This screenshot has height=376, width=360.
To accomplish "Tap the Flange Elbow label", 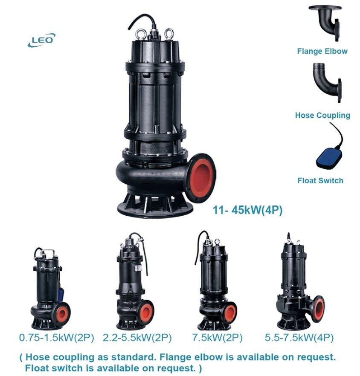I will coord(322,51).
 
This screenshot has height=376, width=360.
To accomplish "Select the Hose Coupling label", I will coord(322,115).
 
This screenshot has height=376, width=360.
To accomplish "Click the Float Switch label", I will coord(320,180).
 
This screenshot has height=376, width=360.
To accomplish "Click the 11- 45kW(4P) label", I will coord(247,210).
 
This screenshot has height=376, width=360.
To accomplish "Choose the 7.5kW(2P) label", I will coord(218,338).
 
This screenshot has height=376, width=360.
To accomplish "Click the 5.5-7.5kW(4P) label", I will coord(299,338).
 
